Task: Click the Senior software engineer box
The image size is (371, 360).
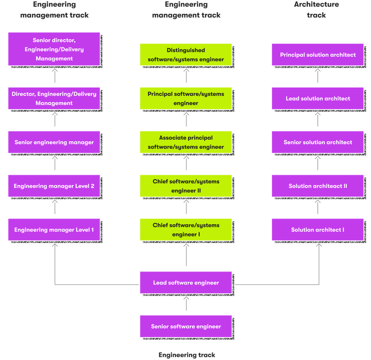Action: pyautogui.click(x=185, y=326)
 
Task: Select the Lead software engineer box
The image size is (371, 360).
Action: pyautogui.click(x=185, y=282)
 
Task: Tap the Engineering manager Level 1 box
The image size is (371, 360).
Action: pyautogui.click(x=54, y=230)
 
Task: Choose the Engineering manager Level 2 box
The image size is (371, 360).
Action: pyautogui.click(x=54, y=186)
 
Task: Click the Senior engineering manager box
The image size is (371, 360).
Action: pyautogui.click(x=54, y=142)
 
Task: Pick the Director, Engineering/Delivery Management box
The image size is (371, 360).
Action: pyautogui.click(x=54, y=99)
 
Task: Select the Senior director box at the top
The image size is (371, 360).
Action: pyautogui.click(x=54, y=50)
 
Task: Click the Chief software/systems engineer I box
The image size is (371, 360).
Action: pyautogui.click(x=185, y=230)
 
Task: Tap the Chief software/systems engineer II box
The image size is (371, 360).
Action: pyautogui.click(x=185, y=186)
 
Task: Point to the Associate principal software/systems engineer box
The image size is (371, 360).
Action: pyautogui.click(x=185, y=142)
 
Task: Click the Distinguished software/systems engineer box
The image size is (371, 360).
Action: pyautogui.click(x=185, y=55)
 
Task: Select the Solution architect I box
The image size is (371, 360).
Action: pyautogui.click(x=317, y=230)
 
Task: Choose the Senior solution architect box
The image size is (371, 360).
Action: pyautogui.click(x=317, y=142)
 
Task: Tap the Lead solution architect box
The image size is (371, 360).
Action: pyautogui.click(x=317, y=99)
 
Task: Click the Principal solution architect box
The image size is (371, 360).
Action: pyautogui.click(x=317, y=55)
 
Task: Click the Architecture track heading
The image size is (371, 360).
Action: pyautogui.click(x=316, y=10)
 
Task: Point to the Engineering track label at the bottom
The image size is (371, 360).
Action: pyautogui.click(x=186, y=355)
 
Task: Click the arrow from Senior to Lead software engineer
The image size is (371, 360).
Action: pyautogui.click(x=186, y=304)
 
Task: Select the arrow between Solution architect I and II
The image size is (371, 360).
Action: pyautogui.click(x=318, y=208)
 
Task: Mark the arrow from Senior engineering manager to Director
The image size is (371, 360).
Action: pyautogui.click(x=55, y=120)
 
